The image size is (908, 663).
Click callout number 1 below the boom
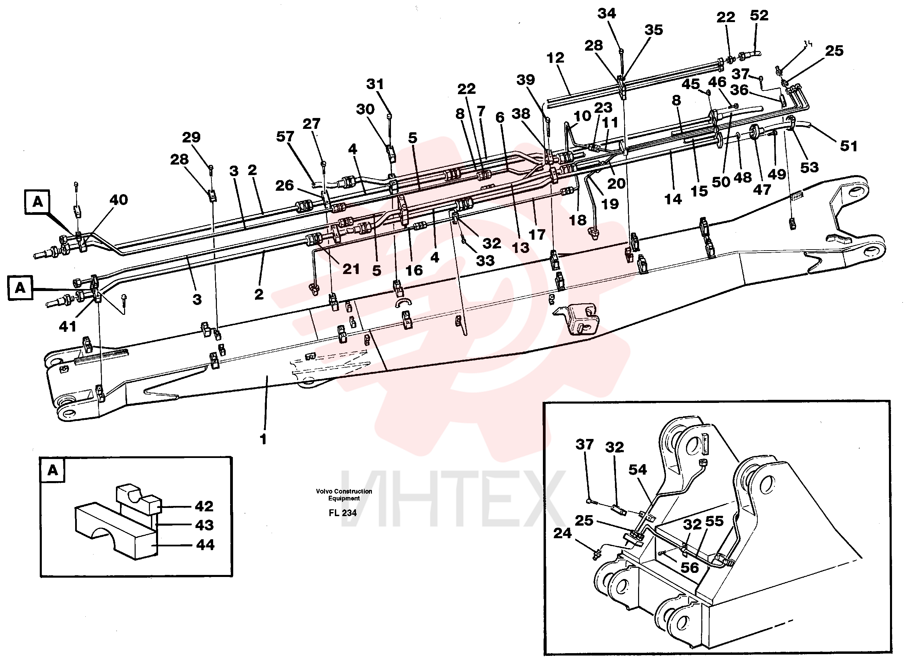(263, 439)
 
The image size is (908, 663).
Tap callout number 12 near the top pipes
(555, 58)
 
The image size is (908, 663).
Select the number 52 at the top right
(759, 15)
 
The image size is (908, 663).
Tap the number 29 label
(191, 137)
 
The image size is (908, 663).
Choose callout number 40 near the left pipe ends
(119, 200)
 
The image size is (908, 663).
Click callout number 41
(67, 326)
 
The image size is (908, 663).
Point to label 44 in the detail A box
(205, 545)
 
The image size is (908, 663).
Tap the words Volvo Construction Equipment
(344, 494)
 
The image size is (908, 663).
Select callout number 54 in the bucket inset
(637, 469)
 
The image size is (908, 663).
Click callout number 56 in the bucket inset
(690, 567)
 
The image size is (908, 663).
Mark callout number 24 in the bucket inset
(562, 533)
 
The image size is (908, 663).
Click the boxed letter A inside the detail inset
(53, 470)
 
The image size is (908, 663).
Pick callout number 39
(526, 80)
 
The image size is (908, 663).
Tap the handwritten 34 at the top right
(808, 44)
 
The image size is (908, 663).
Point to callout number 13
(520, 247)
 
